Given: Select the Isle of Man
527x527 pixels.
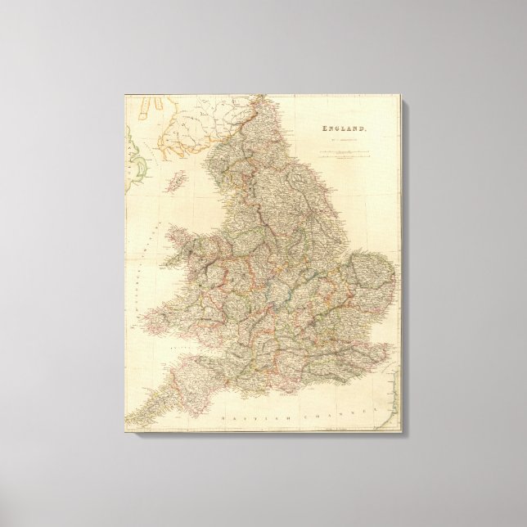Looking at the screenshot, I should (x=173, y=180).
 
